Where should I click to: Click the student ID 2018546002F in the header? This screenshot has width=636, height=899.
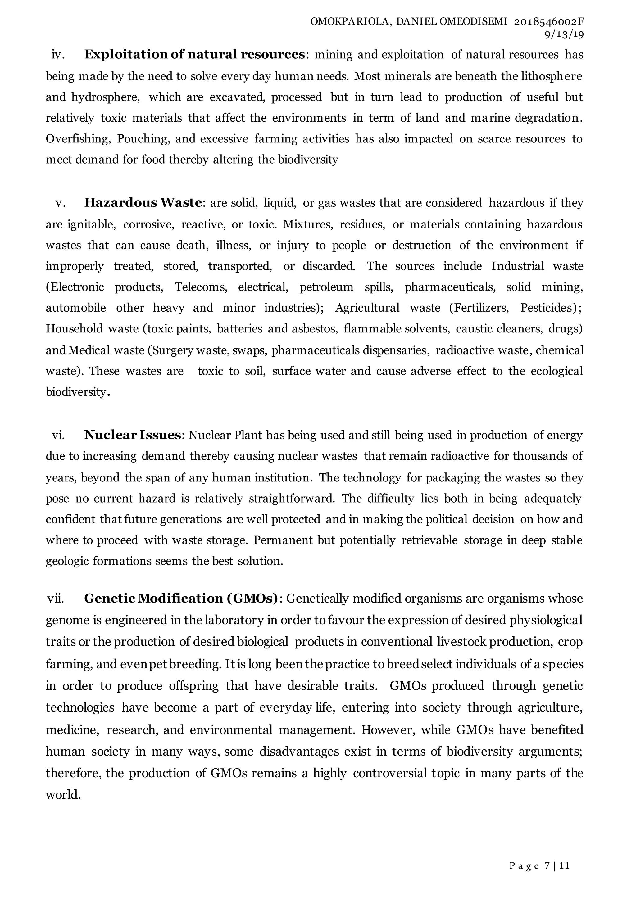(x=548, y=22)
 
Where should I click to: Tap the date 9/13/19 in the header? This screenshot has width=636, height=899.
(x=564, y=34)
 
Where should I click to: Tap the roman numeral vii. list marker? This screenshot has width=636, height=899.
(x=56, y=599)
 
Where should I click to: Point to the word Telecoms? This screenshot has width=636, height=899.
(x=201, y=287)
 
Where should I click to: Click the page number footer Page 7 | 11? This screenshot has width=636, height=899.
(x=539, y=866)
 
